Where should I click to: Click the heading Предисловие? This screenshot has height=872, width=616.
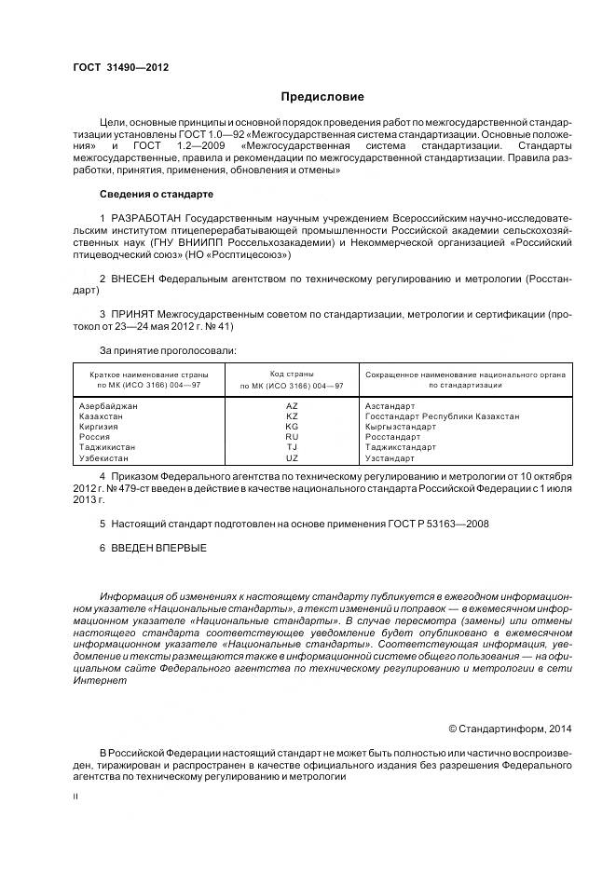tap(322, 97)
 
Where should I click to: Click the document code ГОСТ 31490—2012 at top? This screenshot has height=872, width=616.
tap(120, 67)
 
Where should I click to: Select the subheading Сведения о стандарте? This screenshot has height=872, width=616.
tap(156, 194)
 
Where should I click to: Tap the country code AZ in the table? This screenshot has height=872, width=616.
tap(292, 406)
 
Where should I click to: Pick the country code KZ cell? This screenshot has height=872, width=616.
tap(292, 416)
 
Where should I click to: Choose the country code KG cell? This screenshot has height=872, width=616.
tap(292, 427)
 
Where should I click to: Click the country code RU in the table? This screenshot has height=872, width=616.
tap(292, 437)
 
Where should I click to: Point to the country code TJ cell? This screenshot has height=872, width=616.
tap(292, 447)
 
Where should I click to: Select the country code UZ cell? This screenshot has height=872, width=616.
tap(292, 458)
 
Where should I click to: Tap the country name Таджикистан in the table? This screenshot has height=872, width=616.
tap(110, 447)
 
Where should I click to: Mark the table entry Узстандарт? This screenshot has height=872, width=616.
tap(390, 458)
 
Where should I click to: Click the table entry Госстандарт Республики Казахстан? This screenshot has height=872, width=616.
tap(442, 416)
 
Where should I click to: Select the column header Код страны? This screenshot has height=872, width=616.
tap(292, 373)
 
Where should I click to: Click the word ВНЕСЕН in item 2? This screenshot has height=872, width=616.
tap(132, 279)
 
